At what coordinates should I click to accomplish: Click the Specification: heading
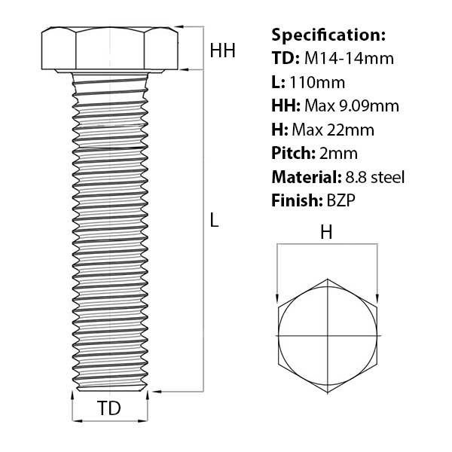click(x=328, y=35)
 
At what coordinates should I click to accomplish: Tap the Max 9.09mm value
click(x=352, y=105)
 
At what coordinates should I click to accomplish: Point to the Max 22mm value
click(x=338, y=130)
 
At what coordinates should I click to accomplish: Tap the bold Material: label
click(x=304, y=177)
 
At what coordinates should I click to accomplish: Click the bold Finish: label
click(x=295, y=201)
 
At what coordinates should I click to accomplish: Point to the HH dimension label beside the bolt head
click(x=222, y=51)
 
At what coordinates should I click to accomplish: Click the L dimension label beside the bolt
click(x=214, y=221)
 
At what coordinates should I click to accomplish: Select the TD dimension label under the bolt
click(x=109, y=409)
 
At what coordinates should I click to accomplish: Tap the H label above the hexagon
click(x=326, y=233)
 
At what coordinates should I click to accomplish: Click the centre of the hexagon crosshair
click(x=328, y=334)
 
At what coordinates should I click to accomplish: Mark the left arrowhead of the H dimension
click(x=278, y=298)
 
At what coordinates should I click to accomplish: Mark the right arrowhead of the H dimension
click(x=377, y=298)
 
